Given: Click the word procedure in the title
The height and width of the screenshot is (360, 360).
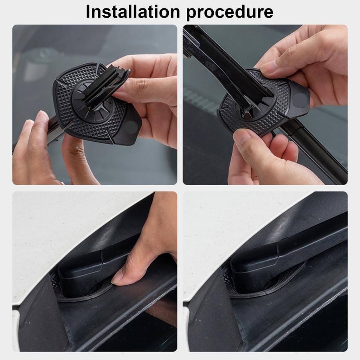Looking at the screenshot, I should (x=230, y=12).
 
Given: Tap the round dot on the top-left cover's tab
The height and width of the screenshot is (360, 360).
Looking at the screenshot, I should (x=131, y=127).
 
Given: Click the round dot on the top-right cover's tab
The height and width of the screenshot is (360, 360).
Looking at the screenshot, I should (x=300, y=101).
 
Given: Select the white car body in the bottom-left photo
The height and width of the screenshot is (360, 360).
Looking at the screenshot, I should (x=53, y=239).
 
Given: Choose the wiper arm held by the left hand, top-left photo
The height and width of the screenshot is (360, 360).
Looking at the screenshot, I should (x=54, y=130).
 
